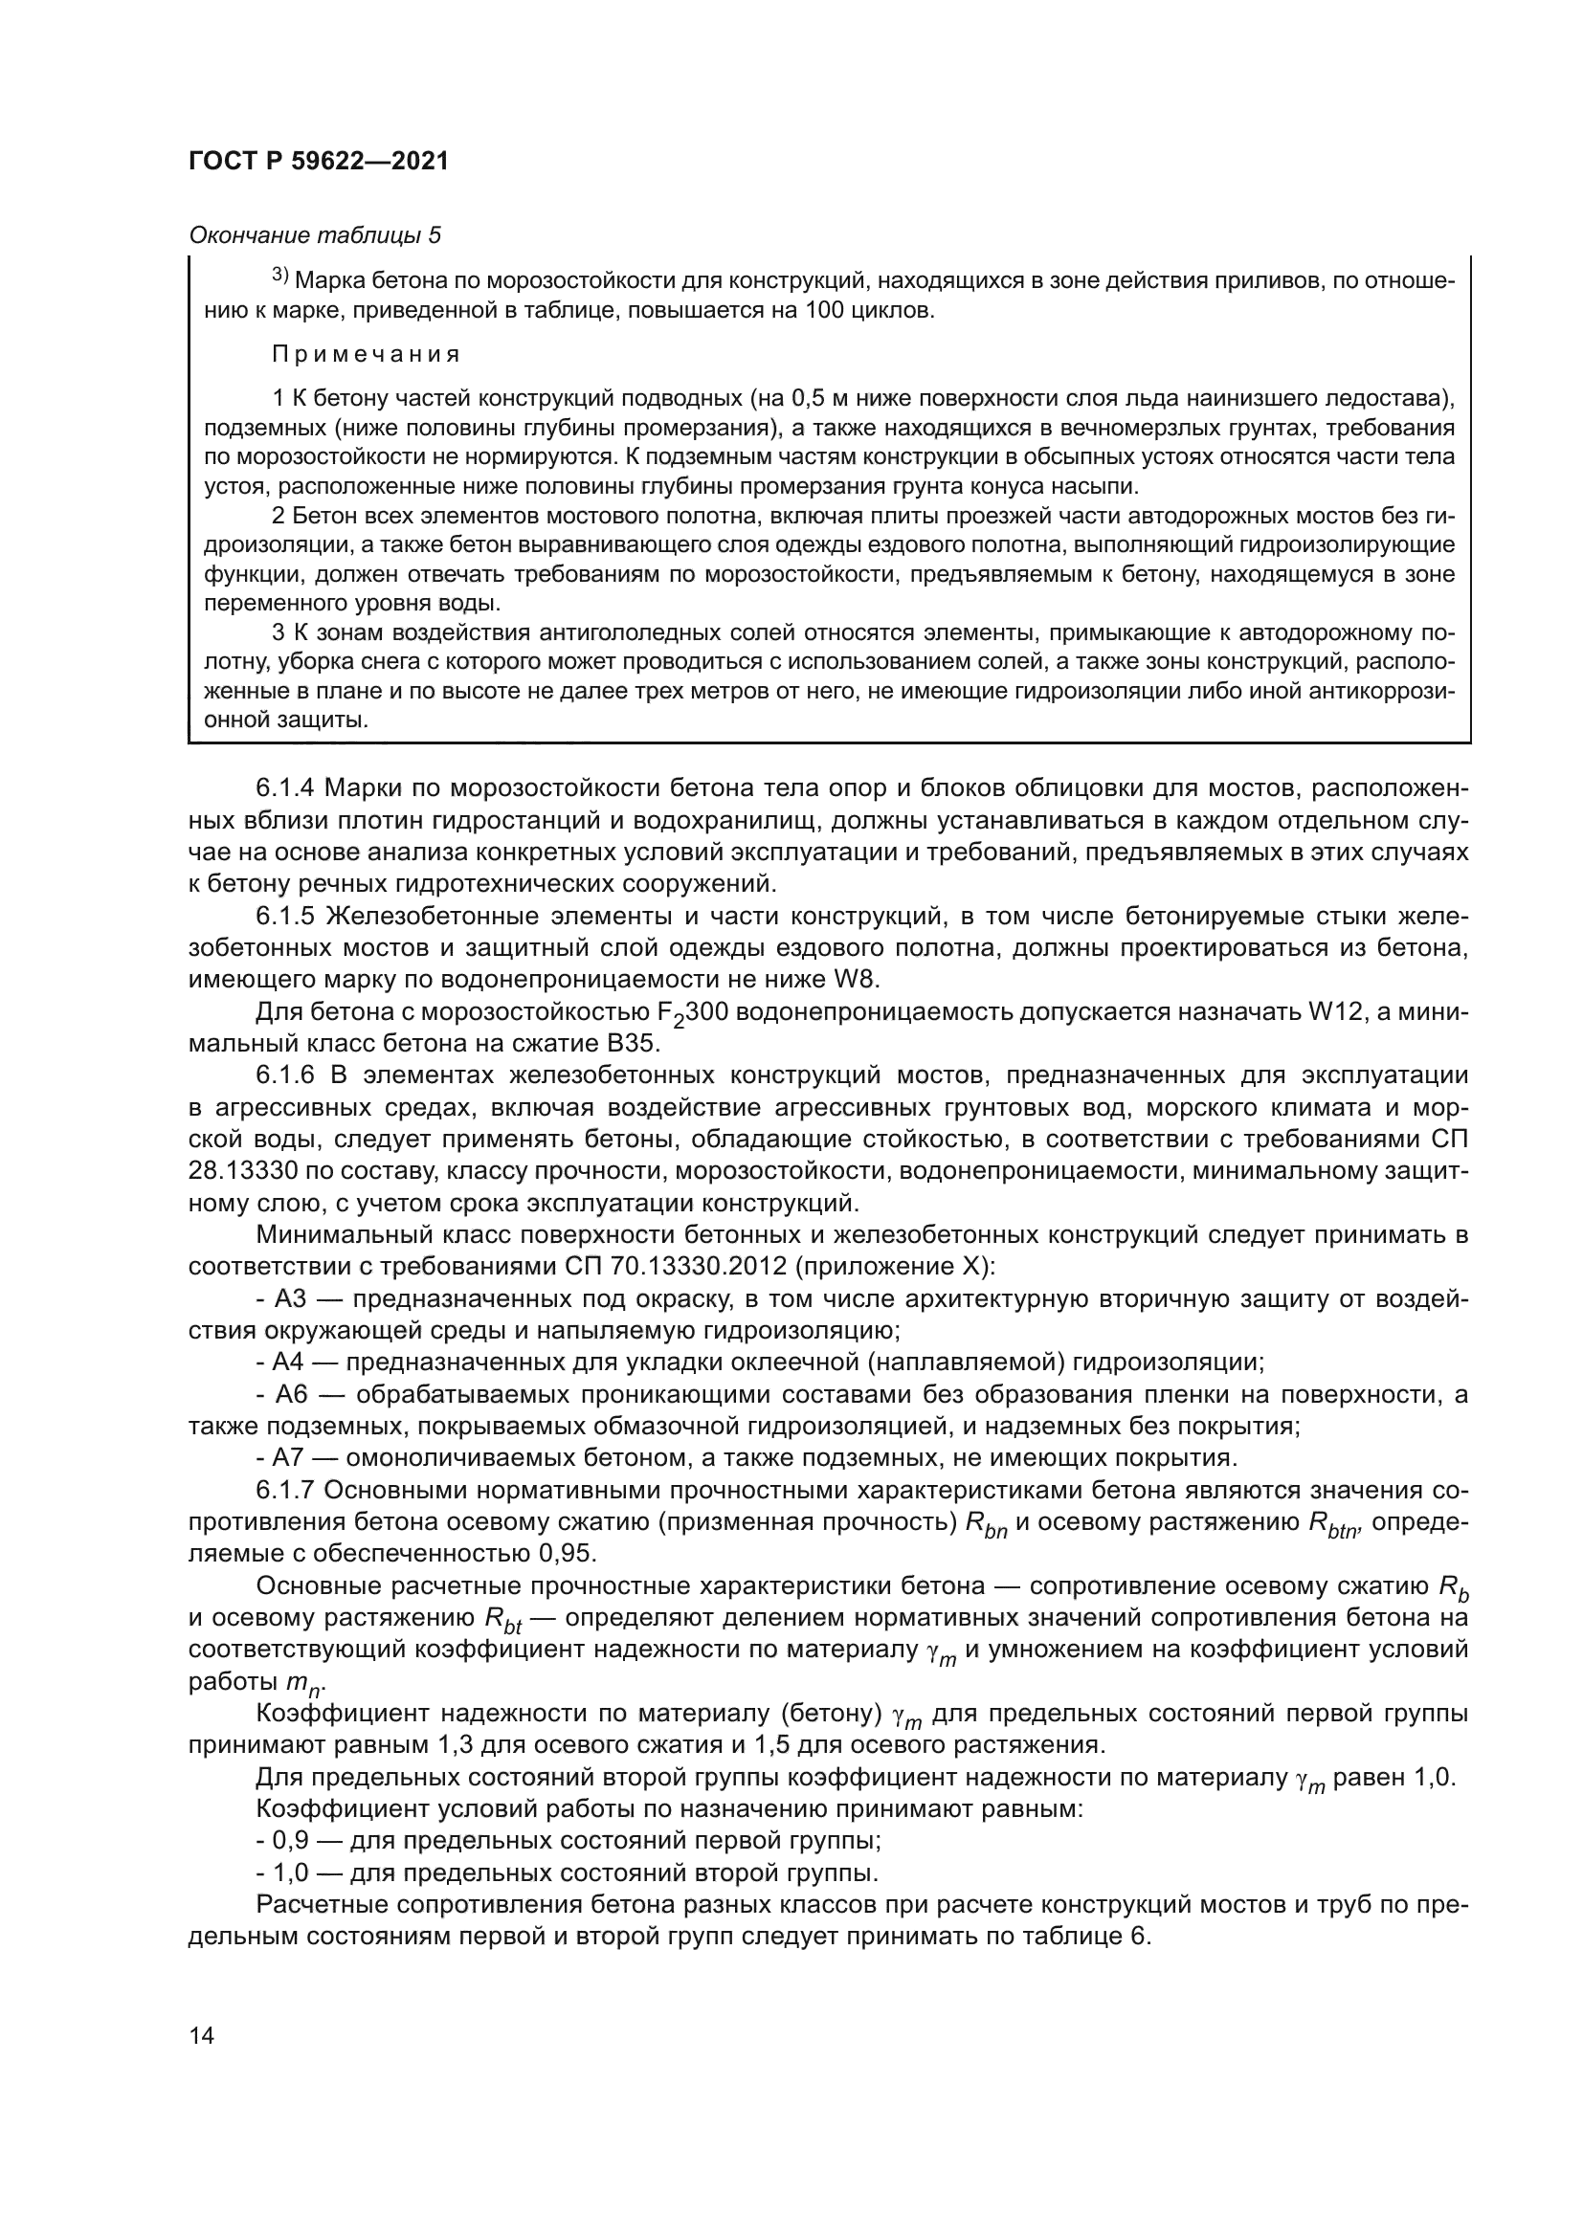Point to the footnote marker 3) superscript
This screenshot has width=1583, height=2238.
(x=279, y=277)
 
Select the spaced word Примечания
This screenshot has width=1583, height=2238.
(x=366, y=354)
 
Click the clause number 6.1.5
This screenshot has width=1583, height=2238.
(x=286, y=918)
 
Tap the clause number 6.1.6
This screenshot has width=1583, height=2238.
(x=286, y=1076)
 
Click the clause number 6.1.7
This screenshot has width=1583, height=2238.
(x=286, y=1491)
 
